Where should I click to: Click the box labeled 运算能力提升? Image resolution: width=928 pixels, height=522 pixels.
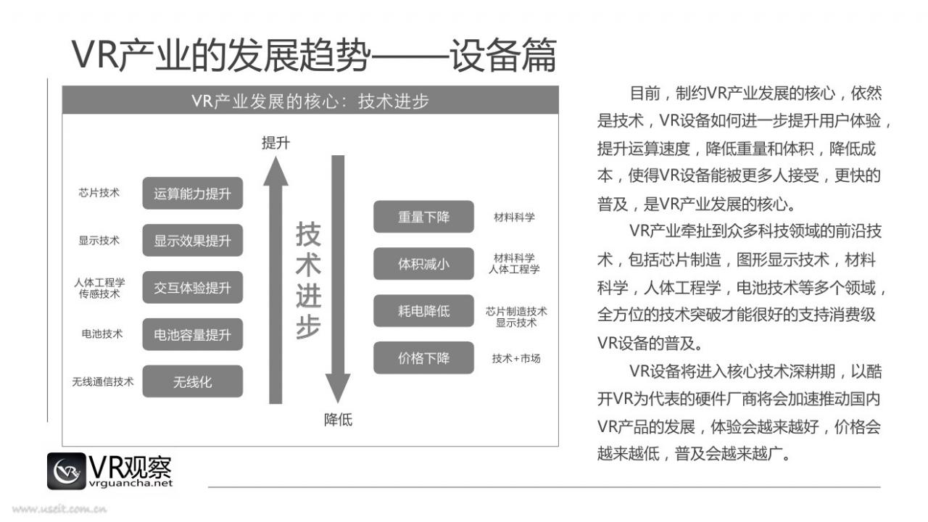pos(193,193)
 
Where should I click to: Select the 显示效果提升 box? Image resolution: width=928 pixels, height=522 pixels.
pos(193,240)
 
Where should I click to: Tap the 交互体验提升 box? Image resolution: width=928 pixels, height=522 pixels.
pos(193,288)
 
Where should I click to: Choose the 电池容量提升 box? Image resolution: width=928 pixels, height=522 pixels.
pos(193,334)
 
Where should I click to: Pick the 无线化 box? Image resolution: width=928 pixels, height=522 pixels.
pos(193,381)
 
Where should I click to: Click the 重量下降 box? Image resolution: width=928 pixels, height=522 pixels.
pos(424,217)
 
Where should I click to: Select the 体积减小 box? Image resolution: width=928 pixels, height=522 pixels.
pos(424,263)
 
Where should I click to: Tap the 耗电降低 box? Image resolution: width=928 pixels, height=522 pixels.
pos(424,311)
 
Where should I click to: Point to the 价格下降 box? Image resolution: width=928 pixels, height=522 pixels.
pos(424,357)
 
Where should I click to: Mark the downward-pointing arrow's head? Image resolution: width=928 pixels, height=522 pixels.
pos(338,387)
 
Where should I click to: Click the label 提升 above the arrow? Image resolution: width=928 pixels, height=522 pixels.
pos(276,143)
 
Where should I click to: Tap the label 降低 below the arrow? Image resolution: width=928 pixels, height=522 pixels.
pos(338,420)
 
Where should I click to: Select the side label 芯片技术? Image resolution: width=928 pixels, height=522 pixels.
pos(99,193)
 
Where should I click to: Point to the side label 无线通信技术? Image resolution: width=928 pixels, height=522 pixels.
pos(103,381)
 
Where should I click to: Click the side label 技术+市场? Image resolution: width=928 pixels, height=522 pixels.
pos(516,358)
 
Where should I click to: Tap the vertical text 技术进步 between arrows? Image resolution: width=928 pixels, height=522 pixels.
pos(308,280)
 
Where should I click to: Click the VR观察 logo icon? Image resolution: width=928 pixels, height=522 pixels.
pos(66,471)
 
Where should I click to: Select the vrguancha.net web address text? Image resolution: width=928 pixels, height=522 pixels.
pos(130,484)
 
